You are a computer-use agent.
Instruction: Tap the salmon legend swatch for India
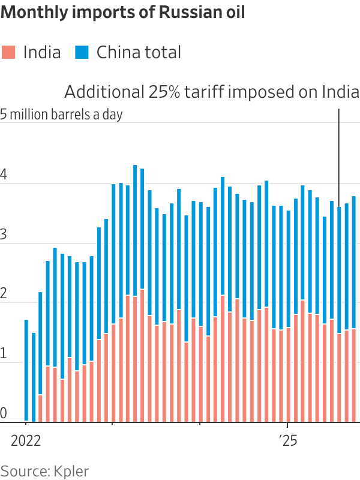click(x=9, y=52)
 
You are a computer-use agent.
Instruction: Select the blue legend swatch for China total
click(x=82, y=52)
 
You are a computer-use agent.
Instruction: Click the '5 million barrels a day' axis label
click(x=61, y=114)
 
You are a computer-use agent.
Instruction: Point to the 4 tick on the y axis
click(x=4, y=176)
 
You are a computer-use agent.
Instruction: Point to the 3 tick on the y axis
click(x=4, y=236)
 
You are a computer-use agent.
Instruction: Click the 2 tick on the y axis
click(x=4, y=295)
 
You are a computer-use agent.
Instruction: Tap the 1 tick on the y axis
click(x=4, y=355)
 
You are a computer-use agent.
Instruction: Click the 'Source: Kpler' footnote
click(x=44, y=470)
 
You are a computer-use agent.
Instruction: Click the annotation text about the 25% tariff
click(x=212, y=92)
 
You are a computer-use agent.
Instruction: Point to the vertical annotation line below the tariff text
click(x=339, y=156)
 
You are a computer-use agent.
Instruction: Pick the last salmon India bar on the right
click(x=353, y=375)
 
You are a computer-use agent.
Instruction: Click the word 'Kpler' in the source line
click(x=72, y=470)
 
